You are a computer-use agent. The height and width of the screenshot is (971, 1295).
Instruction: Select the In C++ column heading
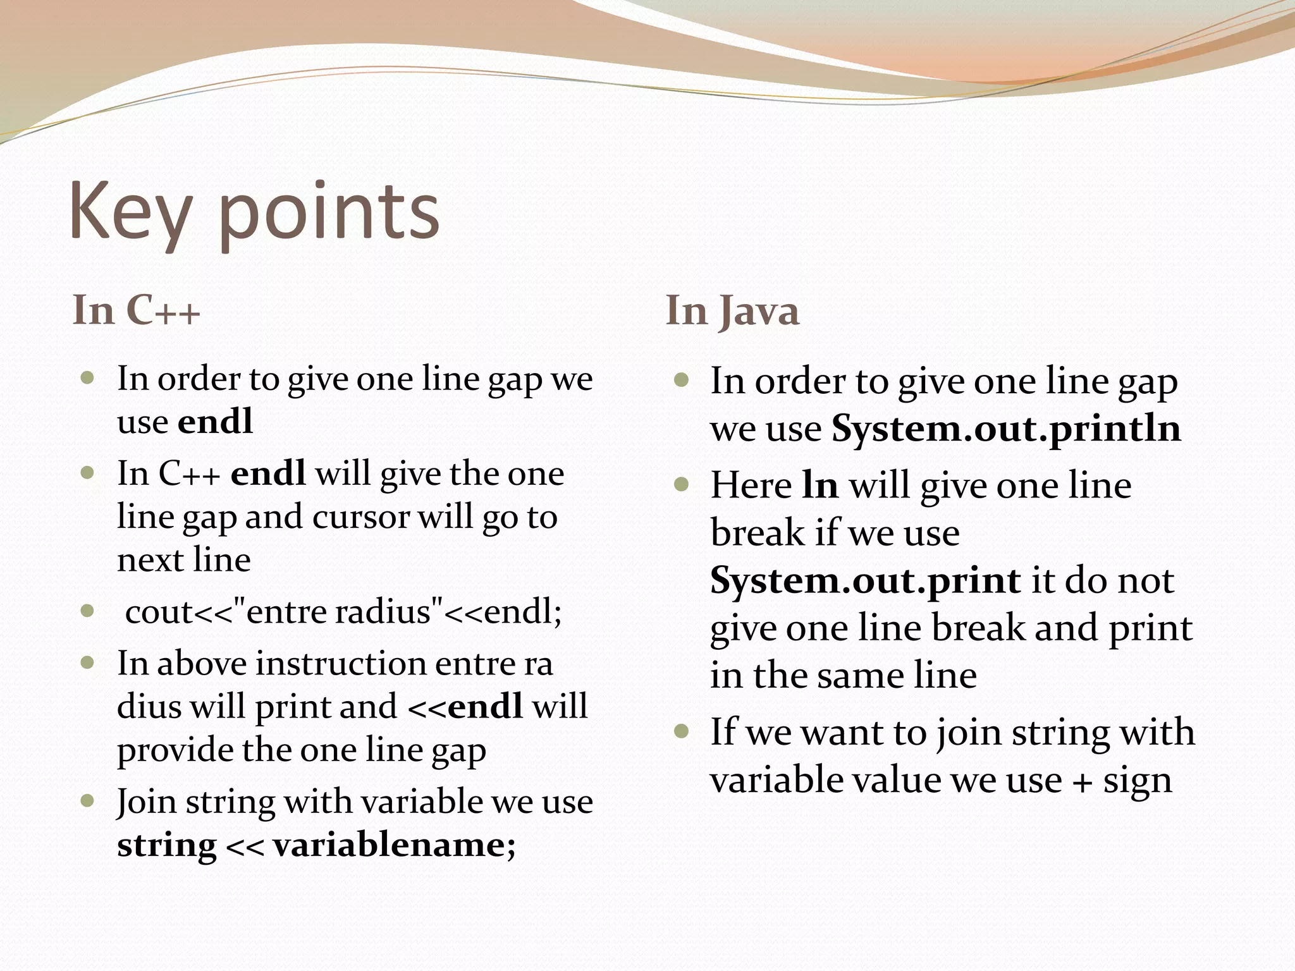click(136, 310)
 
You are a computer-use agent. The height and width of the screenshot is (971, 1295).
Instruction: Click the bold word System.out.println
click(1005, 429)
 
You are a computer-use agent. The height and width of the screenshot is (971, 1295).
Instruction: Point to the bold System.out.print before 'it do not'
click(865, 580)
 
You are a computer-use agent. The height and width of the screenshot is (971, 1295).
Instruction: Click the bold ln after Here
click(820, 485)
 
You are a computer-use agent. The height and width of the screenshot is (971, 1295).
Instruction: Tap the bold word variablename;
click(394, 845)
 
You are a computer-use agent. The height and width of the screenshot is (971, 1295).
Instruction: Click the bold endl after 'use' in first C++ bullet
click(216, 422)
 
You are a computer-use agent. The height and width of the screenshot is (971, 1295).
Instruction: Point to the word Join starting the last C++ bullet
click(146, 802)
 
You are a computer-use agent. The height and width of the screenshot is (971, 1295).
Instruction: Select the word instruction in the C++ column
click(341, 664)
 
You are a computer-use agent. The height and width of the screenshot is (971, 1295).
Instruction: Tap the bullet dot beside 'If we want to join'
click(681, 732)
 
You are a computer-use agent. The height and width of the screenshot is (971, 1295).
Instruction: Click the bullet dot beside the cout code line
click(88, 611)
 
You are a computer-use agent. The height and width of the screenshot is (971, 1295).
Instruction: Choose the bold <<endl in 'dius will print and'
click(466, 707)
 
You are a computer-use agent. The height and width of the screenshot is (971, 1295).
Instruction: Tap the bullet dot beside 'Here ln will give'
click(681, 485)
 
